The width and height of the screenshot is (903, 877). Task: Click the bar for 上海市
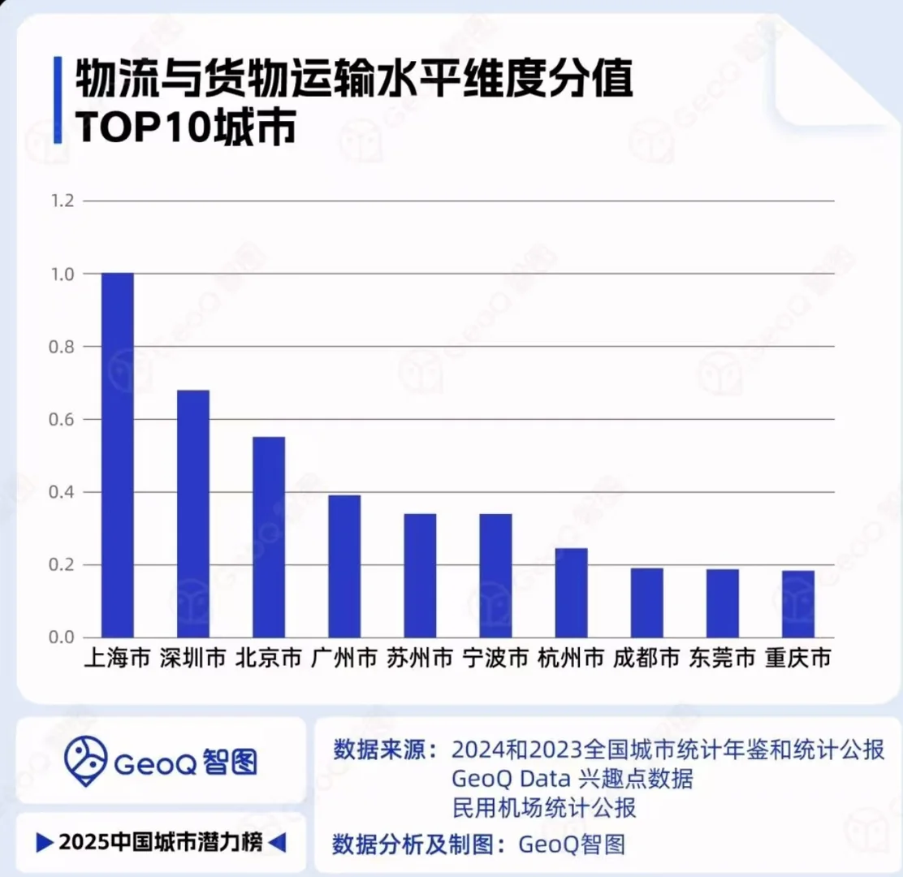coord(117,455)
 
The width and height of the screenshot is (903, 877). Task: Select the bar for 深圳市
coord(193,513)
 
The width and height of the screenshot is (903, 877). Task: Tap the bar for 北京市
coord(269,537)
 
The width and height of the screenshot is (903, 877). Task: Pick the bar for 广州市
coord(344,566)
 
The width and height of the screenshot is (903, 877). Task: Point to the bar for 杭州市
coord(571,593)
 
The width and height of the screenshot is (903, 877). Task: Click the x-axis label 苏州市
coord(420,658)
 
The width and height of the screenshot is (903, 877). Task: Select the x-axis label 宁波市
coord(495,658)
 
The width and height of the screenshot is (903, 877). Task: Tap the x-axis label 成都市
coord(646,658)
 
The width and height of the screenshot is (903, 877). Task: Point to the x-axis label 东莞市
coord(722,658)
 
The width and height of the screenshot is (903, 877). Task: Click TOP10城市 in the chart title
coord(185,128)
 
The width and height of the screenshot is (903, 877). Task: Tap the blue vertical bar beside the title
coord(58,101)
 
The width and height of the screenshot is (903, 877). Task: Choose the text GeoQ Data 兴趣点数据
coord(572,779)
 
